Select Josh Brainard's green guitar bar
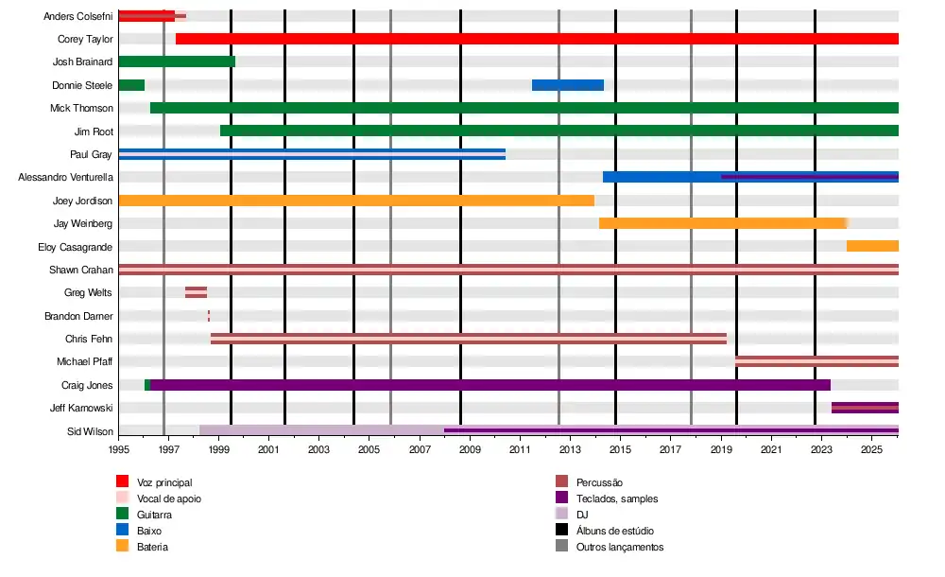(177, 61)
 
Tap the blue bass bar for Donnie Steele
(567, 85)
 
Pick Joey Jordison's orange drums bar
(356, 201)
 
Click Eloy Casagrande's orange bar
(872, 246)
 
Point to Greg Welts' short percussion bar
(196, 292)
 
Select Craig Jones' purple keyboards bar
(490, 385)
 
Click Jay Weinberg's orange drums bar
(722, 223)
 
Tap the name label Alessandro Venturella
(66, 177)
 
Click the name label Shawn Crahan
(81, 270)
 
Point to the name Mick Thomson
(81, 108)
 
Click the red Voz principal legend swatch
(122, 482)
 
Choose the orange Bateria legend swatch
(122, 546)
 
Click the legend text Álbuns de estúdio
(614, 531)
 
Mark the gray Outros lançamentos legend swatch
(560, 546)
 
